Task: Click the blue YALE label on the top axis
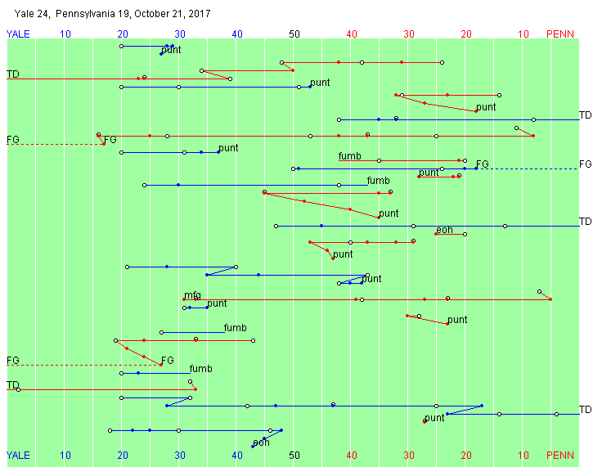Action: (20, 34)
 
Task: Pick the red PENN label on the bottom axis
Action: (560, 455)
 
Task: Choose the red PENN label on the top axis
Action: (560, 34)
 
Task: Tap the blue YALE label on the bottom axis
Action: (20, 455)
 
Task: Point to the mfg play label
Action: (192, 295)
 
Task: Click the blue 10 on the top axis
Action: (65, 34)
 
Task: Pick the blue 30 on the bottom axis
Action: (180, 455)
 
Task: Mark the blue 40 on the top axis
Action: (237, 34)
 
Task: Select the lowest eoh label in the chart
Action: (261, 442)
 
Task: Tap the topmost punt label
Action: (172, 51)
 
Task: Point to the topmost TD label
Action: (13, 74)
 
